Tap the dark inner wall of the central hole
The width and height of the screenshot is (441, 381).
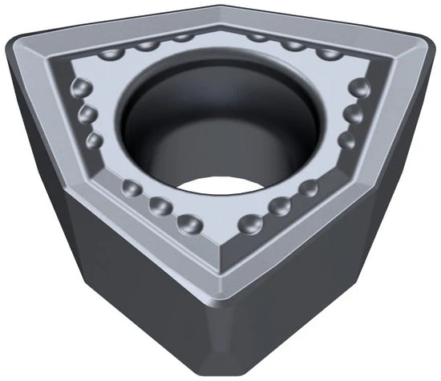(160, 136)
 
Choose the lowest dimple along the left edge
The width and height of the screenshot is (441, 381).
(95, 140)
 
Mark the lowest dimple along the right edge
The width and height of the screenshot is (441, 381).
(346, 140)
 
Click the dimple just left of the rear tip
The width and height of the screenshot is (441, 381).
(184, 36)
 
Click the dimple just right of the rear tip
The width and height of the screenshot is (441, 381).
(257, 36)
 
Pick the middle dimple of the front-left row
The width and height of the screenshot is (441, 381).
(160, 206)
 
